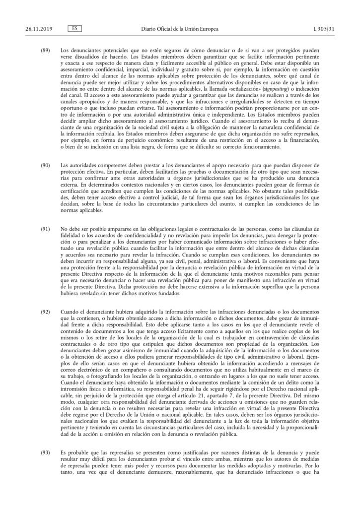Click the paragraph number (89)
(45, 51)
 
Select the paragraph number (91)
(45, 230)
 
